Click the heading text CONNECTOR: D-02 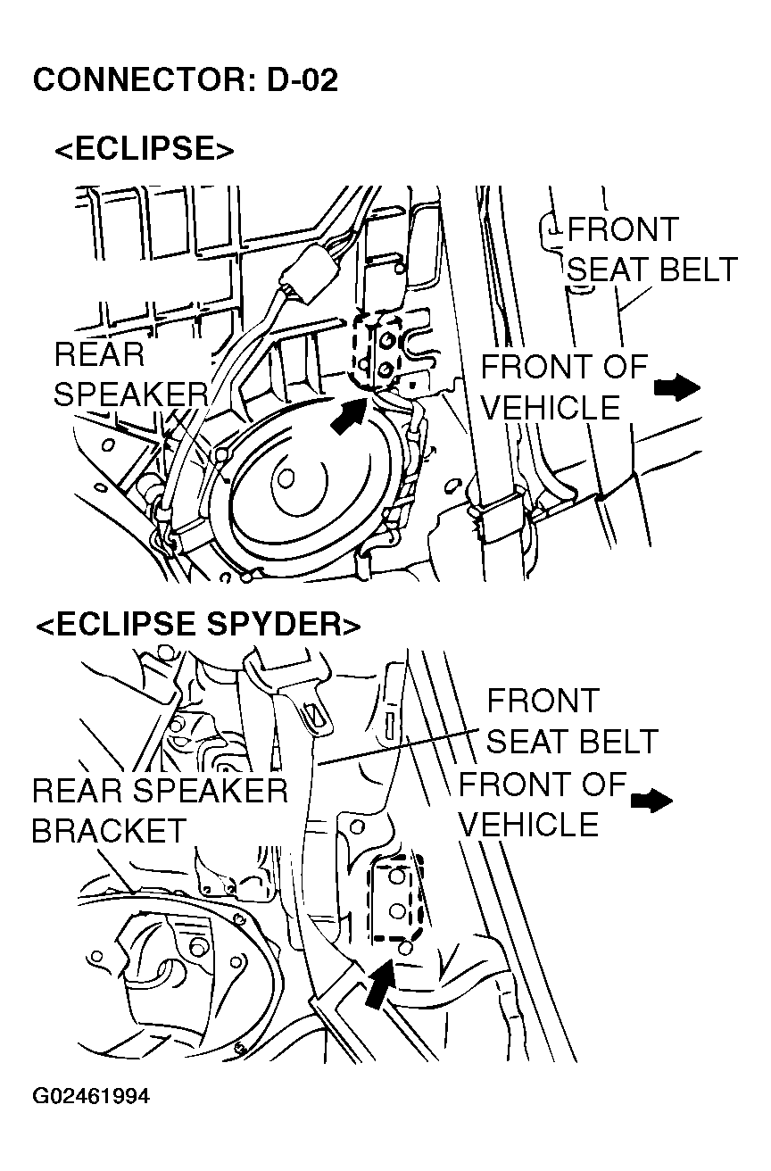pyautogui.click(x=186, y=80)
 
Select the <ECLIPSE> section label pyautogui.click(x=144, y=149)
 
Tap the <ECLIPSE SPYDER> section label pyautogui.click(x=198, y=625)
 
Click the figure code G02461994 pyautogui.click(x=92, y=1095)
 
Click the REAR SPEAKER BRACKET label pyautogui.click(x=159, y=810)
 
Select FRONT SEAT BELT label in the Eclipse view pyautogui.click(x=652, y=250)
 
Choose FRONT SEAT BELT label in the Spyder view pyautogui.click(x=571, y=721)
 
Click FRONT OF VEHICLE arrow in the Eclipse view pyautogui.click(x=676, y=387)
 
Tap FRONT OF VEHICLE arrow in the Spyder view pyautogui.click(x=651, y=801)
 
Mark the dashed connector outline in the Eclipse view pyautogui.click(x=375, y=350)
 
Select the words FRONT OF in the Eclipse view pyautogui.click(x=564, y=367)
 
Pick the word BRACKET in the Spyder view pyautogui.click(x=108, y=831)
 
